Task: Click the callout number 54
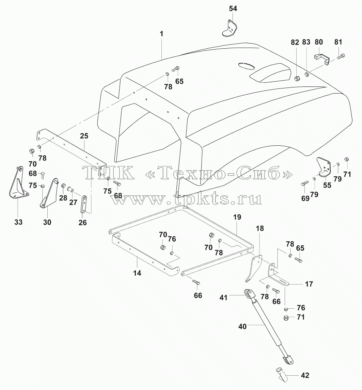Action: pos(233,9)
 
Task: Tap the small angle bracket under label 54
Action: pos(229,29)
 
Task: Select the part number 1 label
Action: pos(161,34)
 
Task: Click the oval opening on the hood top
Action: pos(246,66)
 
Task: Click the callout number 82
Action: pos(295,43)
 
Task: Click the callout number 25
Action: pos(84,136)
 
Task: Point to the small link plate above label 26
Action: pos(83,204)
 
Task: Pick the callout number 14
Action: pos(137,273)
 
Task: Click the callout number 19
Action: pos(237,217)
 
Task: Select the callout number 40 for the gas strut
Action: pos(242,326)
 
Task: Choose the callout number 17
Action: pos(309,284)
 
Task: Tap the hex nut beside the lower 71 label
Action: pos(286,318)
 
